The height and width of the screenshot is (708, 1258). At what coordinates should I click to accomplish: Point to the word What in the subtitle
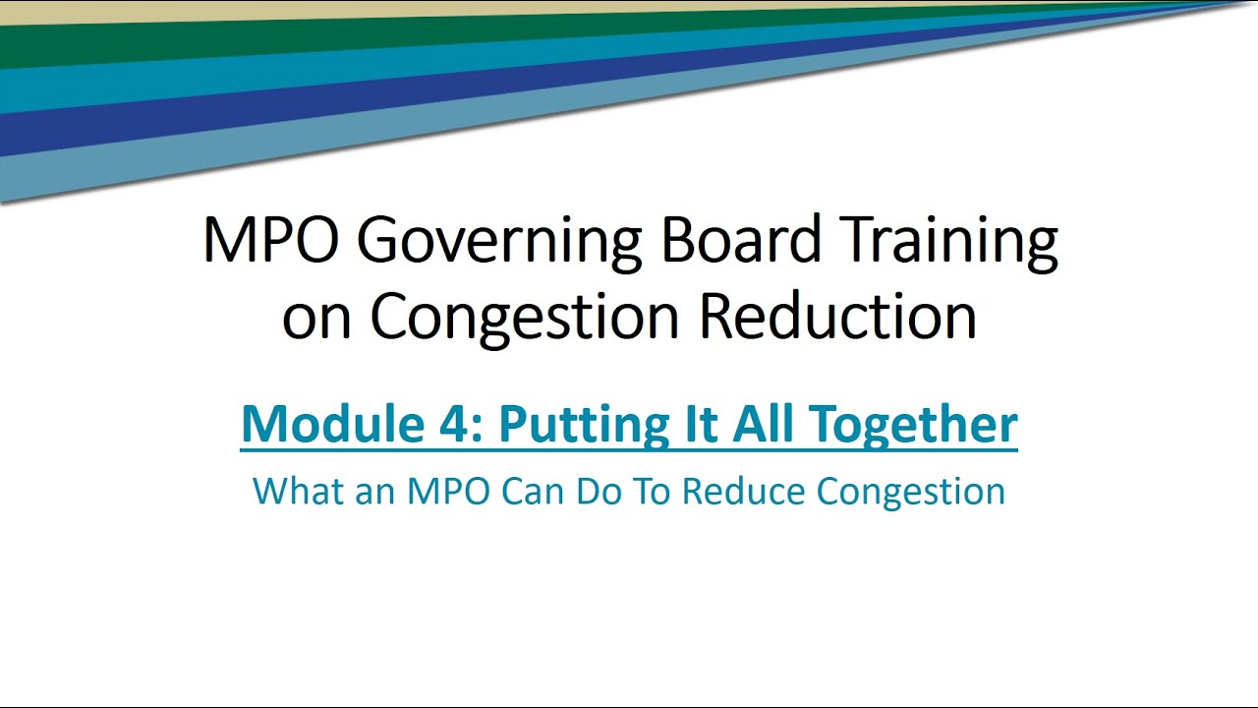[x=290, y=491]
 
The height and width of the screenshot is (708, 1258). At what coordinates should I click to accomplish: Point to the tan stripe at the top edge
[x=295, y=8]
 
